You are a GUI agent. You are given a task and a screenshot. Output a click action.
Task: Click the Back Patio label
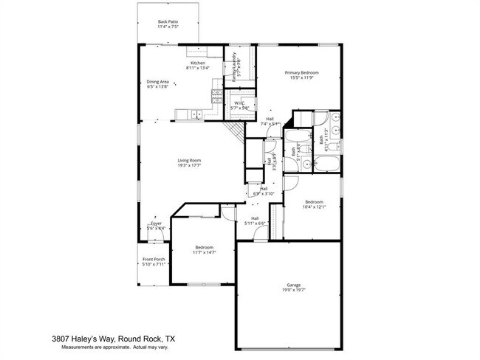click(168, 22)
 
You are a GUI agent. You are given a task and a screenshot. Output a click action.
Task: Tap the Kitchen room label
click(198, 63)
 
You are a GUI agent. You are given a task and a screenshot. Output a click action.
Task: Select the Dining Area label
click(158, 81)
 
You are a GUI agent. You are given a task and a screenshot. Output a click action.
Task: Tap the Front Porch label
click(152, 260)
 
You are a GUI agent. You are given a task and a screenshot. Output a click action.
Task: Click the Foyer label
click(156, 223)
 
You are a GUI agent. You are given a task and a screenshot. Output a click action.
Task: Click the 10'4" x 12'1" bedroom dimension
click(314, 207)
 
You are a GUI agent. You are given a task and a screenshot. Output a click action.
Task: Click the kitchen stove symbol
click(216, 95)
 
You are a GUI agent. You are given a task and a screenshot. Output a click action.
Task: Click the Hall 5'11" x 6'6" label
click(255, 220)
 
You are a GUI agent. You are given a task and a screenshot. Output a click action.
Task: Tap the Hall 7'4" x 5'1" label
click(270, 122)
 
